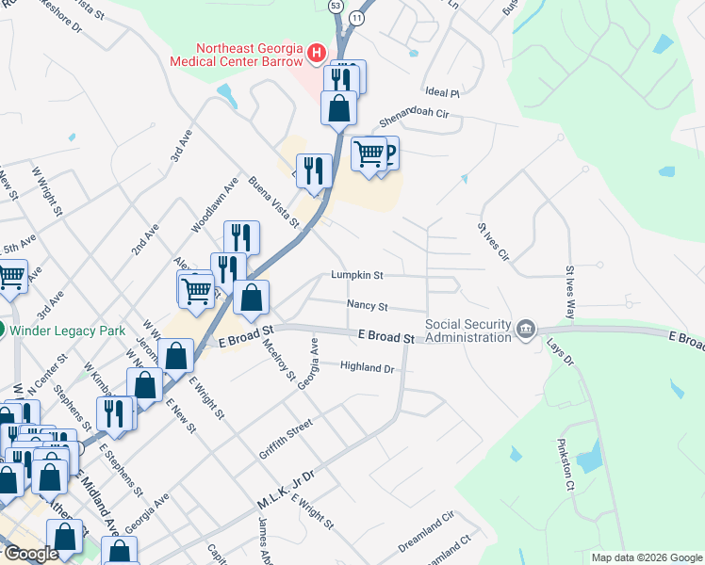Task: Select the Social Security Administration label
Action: click(x=468, y=330)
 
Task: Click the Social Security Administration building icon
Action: click(x=526, y=329)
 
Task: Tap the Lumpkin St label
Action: click(x=357, y=276)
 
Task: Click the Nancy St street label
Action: click(x=368, y=305)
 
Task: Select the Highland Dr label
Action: click(x=367, y=367)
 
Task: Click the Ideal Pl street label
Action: click(x=441, y=93)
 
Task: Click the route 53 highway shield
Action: click(x=336, y=5)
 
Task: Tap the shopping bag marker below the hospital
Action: click(x=339, y=107)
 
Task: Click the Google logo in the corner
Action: click(x=30, y=554)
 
